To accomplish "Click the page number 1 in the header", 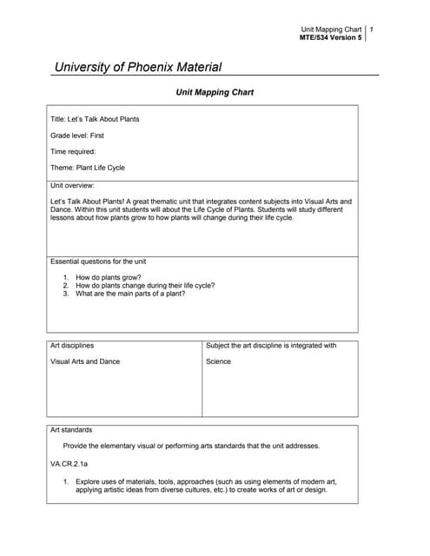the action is [x=372, y=30].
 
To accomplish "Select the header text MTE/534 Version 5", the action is [x=330, y=38].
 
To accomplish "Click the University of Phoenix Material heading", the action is [x=138, y=67].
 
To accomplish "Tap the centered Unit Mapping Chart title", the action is [x=215, y=91].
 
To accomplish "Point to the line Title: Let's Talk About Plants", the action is [x=95, y=119].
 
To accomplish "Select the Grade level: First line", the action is [x=77, y=136].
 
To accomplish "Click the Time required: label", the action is [x=73, y=151].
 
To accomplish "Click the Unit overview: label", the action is [x=72, y=185].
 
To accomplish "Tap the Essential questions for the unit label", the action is [x=98, y=261].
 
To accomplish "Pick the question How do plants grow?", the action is [x=109, y=277].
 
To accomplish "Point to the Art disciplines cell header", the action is [x=72, y=345].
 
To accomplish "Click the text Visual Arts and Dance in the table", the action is [x=85, y=361].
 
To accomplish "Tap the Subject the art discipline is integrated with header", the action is [x=271, y=345].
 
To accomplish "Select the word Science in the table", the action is [x=219, y=361].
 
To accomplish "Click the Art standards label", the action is [x=71, y=429].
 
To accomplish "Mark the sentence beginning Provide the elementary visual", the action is [x=191, y=446].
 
